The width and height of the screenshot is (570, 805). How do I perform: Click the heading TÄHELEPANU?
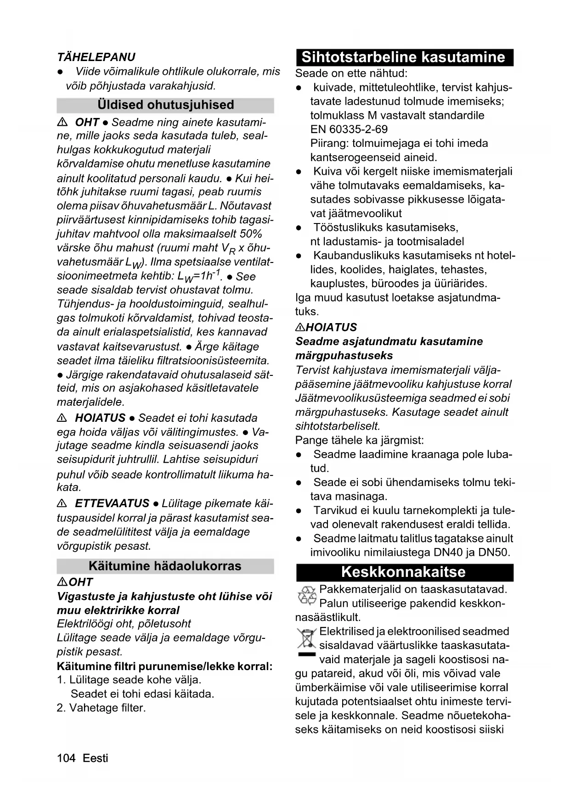(96, 57)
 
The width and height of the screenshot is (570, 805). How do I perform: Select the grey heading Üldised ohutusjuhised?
(165, 105)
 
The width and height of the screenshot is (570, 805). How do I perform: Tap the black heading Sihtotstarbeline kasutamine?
(404, 57)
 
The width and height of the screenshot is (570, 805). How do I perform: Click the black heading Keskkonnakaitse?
(404, 572)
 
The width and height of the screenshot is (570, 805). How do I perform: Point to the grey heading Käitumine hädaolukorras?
(165, 566)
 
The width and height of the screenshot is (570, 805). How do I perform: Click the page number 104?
(66, 758)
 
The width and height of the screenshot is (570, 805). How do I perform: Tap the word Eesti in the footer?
(96, 758)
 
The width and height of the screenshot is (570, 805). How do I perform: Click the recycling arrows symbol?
(307, 595)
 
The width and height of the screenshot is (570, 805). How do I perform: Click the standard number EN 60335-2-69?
(349, 129)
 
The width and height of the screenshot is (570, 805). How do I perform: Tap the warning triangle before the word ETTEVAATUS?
(62, 503)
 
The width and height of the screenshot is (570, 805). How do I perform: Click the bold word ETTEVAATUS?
(112, 503)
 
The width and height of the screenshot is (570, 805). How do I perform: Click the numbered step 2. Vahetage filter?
(102, 708)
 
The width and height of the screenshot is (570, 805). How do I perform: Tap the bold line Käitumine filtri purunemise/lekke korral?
(165, 666)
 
